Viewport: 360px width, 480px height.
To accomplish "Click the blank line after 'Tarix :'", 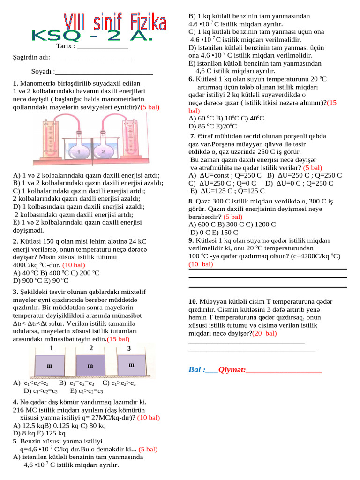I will tap(102, 46).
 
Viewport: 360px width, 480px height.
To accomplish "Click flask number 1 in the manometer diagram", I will tap(79, 152).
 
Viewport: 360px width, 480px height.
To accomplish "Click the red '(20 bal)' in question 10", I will tap(264, 333).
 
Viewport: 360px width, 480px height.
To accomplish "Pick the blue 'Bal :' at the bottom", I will tap(196, 370).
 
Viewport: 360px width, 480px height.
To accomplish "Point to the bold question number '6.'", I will tap(191, 79).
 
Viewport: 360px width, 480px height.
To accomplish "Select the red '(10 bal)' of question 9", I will tap(201, 264).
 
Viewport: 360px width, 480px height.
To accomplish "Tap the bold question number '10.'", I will tap(193, 301).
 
